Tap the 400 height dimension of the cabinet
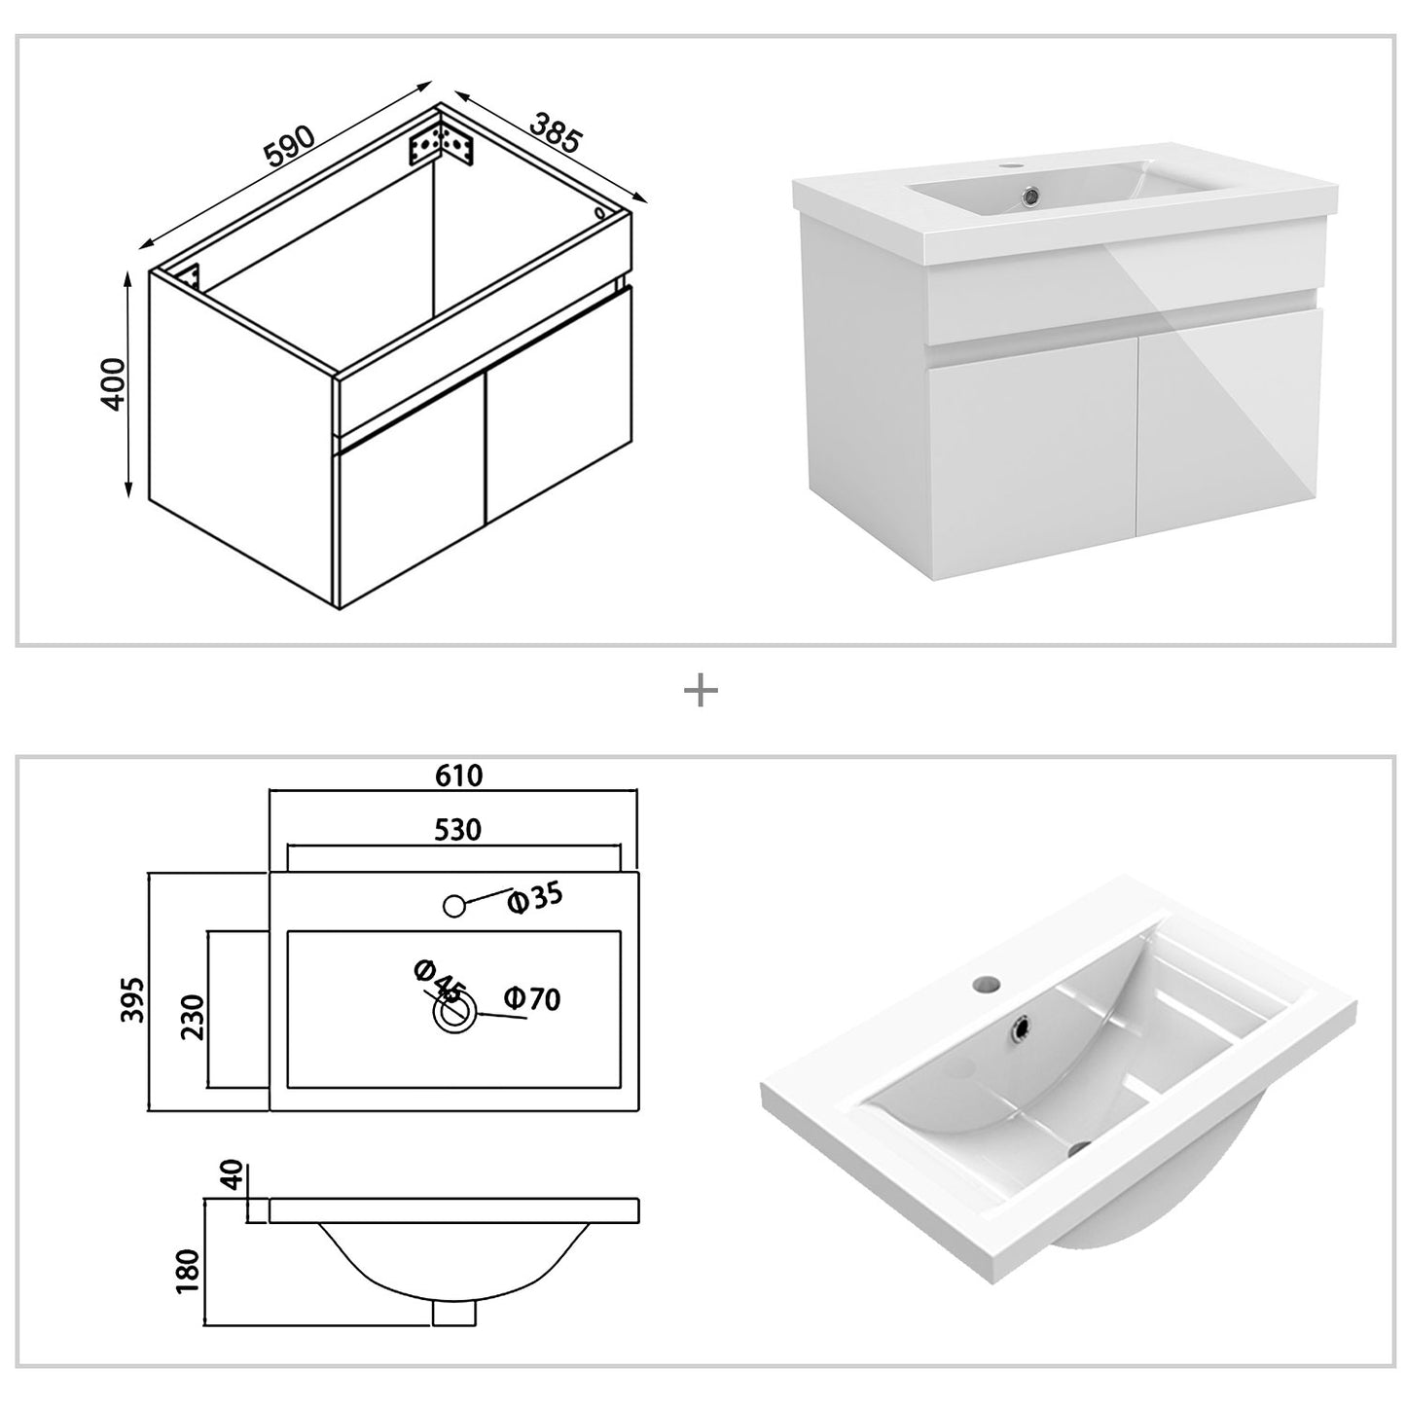coord(114,383)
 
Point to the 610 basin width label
coord(458,775)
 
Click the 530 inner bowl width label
coord(457,830)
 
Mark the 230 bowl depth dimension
coord(193,1017)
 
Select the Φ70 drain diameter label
coord(532,998)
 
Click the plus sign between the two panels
coord(701,692)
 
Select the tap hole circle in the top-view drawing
coord(452,906)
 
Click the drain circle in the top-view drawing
coord(453,1013)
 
